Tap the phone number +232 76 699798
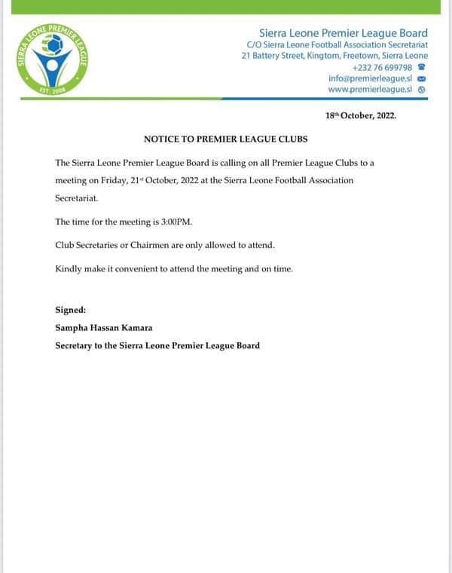point(382,67)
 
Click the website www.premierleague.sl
point(370,89)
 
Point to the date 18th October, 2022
point(360,116)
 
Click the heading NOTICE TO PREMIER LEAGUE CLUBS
point(226,139)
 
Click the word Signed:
point(71,310)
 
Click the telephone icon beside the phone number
point(422,67)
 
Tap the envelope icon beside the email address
point(422,78)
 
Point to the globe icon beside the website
point(422,89)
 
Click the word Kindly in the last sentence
point(69,269)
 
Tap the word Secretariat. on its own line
point(76,199)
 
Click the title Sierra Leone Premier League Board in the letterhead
point(343,32)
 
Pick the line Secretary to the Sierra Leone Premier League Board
point(157,345)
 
